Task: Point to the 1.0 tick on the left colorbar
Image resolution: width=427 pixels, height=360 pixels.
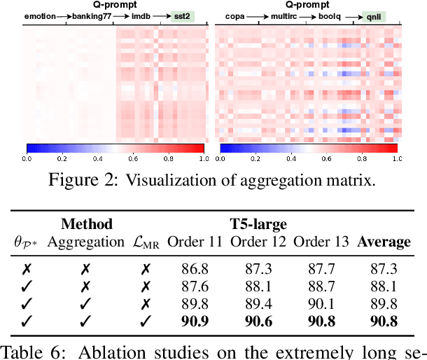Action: pyautogui.click(x=202, y=159)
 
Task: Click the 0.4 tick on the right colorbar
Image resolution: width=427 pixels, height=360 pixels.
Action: pyautogui.click(x=290, y=159)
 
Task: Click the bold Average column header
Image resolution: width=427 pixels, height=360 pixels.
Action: pyautogui.click(x=384, y=242)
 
